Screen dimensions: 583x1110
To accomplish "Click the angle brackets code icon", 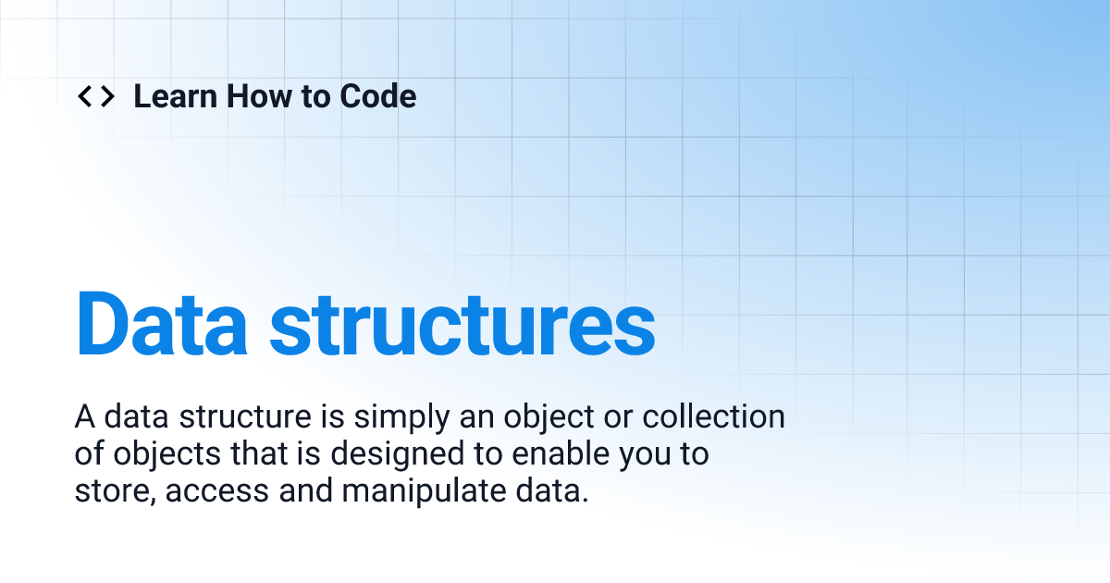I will (x=95, y=96).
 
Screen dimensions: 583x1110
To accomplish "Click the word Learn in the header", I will (x=174, y=96).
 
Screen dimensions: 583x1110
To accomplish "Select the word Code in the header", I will (x=378, y=96).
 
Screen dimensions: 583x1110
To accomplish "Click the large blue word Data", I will (x=161, y=325).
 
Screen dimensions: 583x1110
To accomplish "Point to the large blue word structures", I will (x=462, y=325).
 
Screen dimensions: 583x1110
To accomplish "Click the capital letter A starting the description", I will (x=84, y=417).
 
